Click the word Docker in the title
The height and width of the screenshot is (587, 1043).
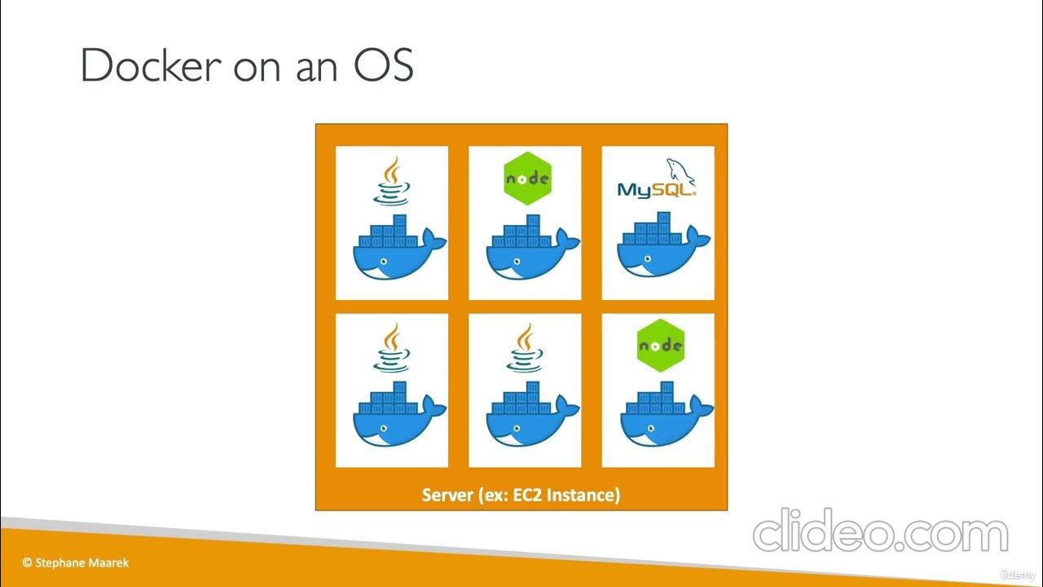tap(151, 66)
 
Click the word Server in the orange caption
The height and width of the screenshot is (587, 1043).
tap(448, 495)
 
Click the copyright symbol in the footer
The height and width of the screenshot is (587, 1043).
tap(27, 563)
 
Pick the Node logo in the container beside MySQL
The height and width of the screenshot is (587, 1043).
tap(527, 178)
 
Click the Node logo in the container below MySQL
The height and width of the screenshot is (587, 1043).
tap(659, 346)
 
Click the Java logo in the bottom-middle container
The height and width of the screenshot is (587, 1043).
tap(526, 348)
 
